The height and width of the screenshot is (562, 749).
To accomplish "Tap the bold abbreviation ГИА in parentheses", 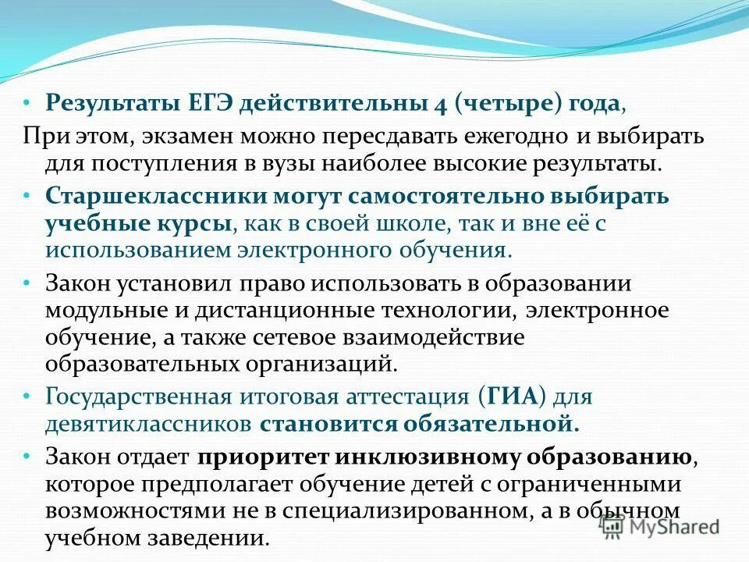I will tap(516, 397).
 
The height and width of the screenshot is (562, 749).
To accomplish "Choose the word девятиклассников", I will tap(147, 425).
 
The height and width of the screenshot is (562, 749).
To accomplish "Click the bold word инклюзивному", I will tap(423, 457).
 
